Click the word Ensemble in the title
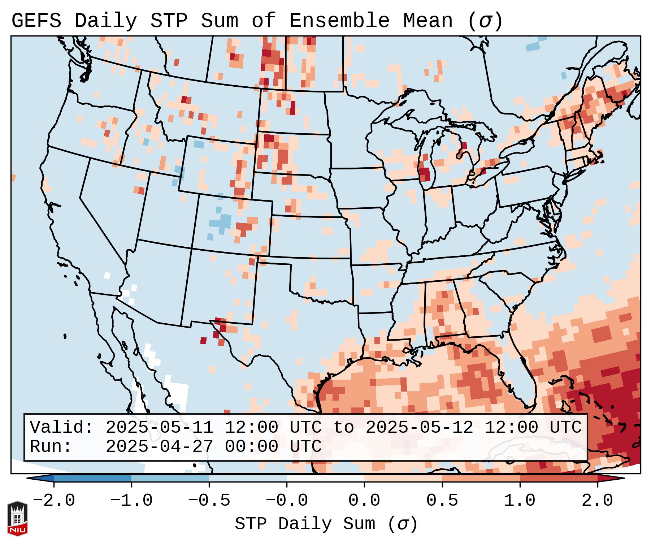(339, 21)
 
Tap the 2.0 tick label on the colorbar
(598, 501)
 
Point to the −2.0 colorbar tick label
(54, 501)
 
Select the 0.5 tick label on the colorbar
(442, 501)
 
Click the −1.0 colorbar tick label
(131, 501)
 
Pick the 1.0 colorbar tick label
(520, 501)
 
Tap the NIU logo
(17, 518)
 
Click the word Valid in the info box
(61, 427)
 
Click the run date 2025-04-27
(160, 446)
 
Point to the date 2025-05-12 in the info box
(419, 427)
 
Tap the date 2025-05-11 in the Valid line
(160, 427)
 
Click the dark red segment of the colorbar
(559, 478)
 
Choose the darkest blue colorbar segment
(92, 478)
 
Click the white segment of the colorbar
(326, 478)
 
